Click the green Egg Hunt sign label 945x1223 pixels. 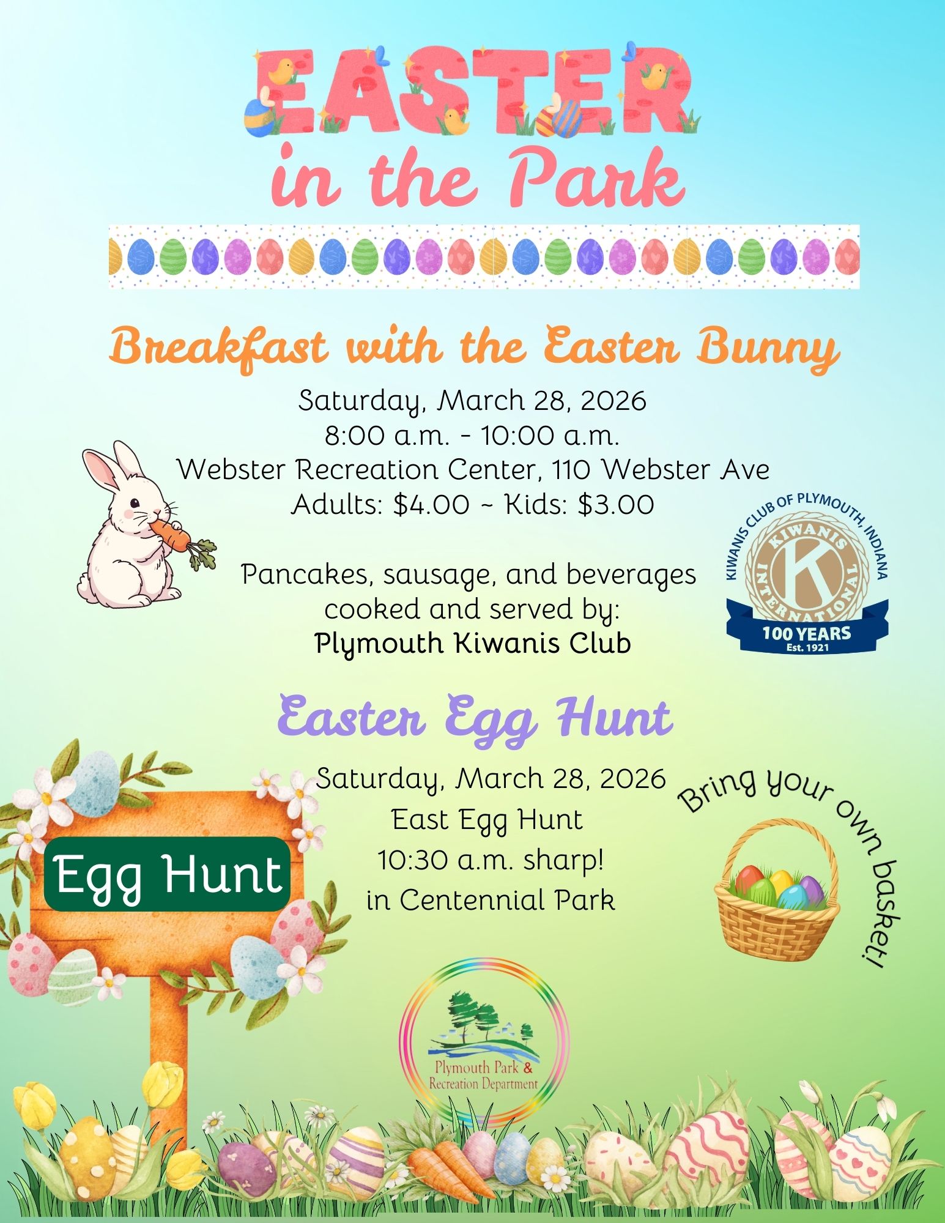coord(167,874)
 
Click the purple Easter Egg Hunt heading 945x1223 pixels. coord(475,717)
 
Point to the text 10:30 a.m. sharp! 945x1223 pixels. coord(491,860)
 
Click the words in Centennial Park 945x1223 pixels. coord(491,900)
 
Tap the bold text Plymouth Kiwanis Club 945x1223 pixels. coord(472,643)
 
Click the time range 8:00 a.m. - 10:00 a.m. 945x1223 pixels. coord(472,436)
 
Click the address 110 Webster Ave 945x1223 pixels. coord(661,470)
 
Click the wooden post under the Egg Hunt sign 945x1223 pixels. coord(169,1040)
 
